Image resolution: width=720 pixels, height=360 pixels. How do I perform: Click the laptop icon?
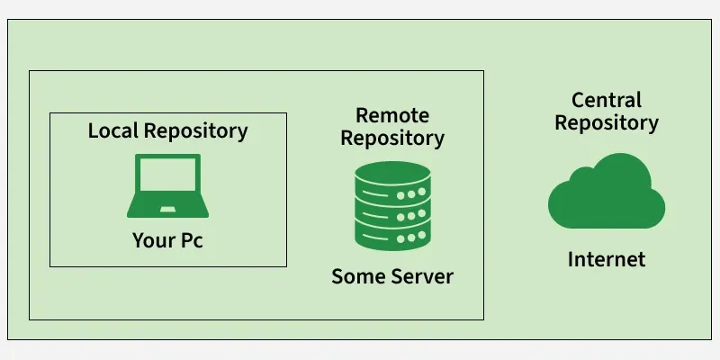[167, 186]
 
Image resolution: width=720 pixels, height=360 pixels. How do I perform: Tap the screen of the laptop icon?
[167, 180]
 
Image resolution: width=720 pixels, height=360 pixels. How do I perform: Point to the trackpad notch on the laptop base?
[167, 210]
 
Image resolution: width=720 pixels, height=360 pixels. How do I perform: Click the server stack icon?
[391, 205]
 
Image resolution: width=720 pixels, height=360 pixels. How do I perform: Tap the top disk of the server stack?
[391, 171]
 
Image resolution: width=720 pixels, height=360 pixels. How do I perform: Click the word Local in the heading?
[112, 130]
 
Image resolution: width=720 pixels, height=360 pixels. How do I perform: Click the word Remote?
[391, 115]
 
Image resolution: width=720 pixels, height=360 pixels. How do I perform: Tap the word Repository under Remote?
[391, 139]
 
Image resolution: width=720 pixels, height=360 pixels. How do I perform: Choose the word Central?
[606, 100]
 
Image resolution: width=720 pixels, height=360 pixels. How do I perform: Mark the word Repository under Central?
[606, 123]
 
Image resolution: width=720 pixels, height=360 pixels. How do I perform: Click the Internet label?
[606, 260]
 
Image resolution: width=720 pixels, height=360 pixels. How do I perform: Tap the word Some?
[357, 276]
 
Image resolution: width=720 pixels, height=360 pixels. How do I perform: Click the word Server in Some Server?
[420, 276]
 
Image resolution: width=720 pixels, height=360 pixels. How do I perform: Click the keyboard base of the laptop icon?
[167, 211]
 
